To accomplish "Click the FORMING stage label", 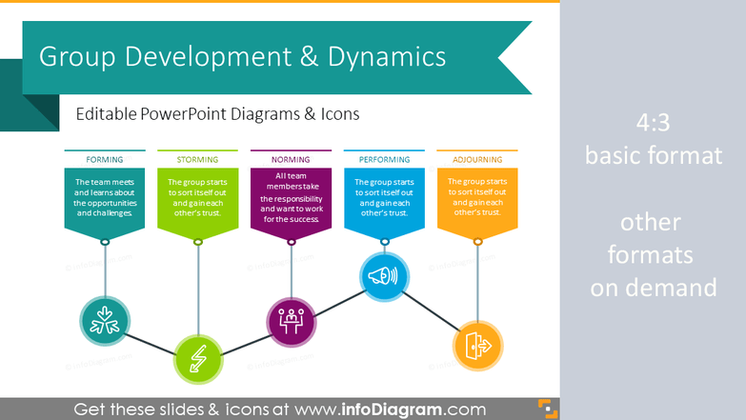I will pyautogui.click(x=104, y=159).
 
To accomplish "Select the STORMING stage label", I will pyautogui.click(x=197, y=159).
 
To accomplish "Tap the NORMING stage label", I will pyautogui.click(x=291, y=159).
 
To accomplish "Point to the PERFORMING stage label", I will pyautogui.click(x=383, y=159).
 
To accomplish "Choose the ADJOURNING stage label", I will pyautogui.click(x=477, y=159).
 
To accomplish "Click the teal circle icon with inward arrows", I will pyautogui.click(x=104, y=322).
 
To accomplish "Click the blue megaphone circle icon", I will pyautogui.click(x=384, y=277).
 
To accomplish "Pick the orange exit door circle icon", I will pyautogui.click(x=476, y=345).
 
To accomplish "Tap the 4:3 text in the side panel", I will pyautogui.click(x=652, y=124).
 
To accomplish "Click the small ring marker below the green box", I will pyautogui.click(x=197, y=242).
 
